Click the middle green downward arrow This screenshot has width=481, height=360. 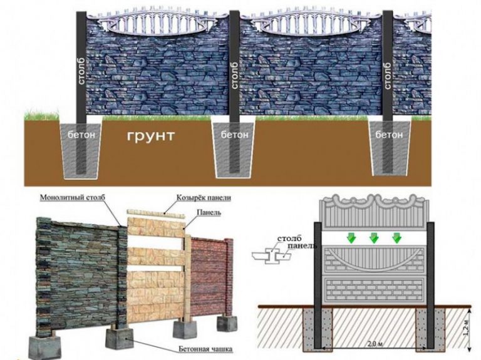[374, 239]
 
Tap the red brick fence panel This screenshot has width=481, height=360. [209, 275]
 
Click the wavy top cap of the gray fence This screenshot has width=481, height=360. [373, 210]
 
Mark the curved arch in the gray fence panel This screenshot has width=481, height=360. [373, 260]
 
